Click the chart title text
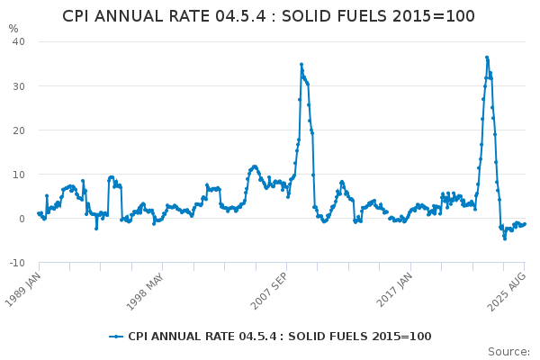(268, 16)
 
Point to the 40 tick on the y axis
(18, 41)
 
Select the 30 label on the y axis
(18, 85)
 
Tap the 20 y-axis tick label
(18, 130)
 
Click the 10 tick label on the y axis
(18, 174)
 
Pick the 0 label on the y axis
(22, 218)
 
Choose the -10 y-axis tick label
(16, 262)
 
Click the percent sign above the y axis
(13, 29)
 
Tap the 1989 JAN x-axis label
(25, 288)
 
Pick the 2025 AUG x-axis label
(509, 288)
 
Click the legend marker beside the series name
(115, 337)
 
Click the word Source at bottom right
(508, 351)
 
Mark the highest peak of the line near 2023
(487, 57)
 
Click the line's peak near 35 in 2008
(301, 64)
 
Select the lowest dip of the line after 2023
(504, 238)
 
